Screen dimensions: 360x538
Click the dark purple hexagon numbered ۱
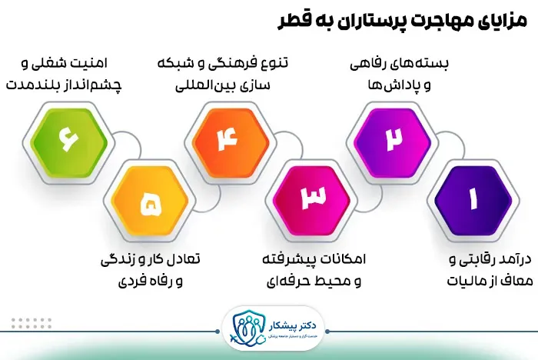click(x=472, y=201)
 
